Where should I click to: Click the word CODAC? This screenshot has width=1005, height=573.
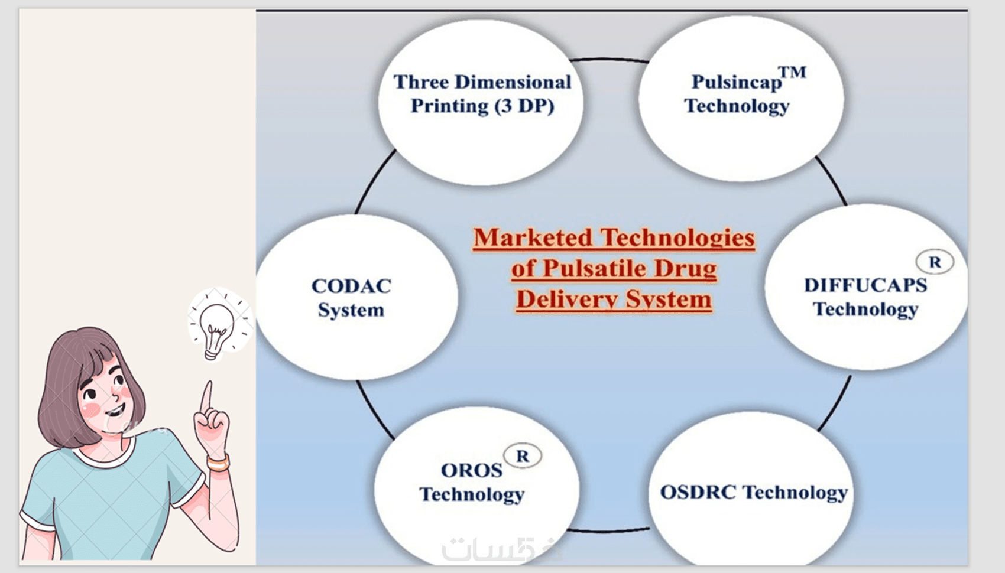point(351,286)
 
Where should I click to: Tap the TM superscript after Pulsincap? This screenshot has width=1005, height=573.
point(792,72)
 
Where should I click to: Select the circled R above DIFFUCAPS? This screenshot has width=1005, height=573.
point(935,262)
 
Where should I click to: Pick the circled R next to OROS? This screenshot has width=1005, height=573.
point(523,456)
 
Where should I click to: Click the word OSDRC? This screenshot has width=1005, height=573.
point(698,492)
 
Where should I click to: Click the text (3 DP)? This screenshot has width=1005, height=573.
point(524,106)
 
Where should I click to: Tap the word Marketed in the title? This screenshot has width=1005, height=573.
point(533,237)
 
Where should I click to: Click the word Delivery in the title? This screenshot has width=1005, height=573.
point(567,299)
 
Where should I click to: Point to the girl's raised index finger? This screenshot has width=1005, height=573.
point(207,397)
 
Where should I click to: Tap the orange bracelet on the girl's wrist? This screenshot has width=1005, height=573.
point(218,463)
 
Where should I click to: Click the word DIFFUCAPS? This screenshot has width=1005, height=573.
point(865,285)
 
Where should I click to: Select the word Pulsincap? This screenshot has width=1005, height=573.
point(736,82)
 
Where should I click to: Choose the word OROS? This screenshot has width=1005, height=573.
point(472,470)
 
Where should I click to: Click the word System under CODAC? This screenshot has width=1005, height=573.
point(351,310)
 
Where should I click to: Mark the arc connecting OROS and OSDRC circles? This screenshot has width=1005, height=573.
point(608,531)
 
